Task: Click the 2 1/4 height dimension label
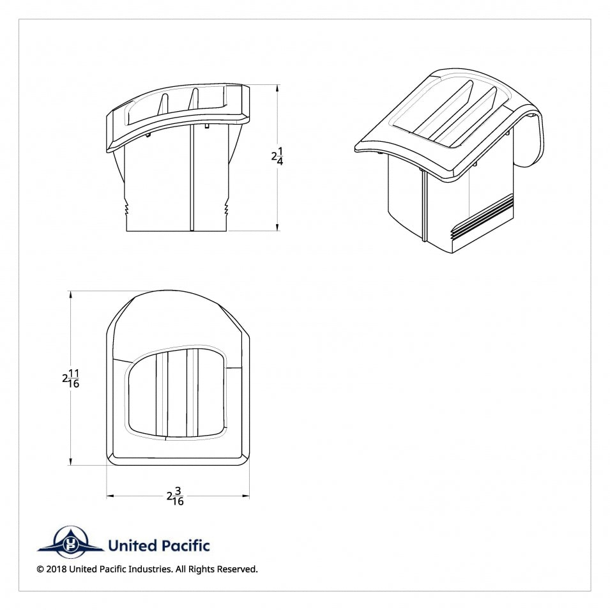[277, 156]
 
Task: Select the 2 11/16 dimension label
[71, 379]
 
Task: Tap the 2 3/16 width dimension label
[175, 496]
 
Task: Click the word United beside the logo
[132, 545]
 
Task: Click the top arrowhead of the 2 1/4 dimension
[277, 88]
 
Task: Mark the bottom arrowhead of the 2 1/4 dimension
[277, 227]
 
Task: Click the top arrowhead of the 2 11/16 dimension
[70, 294]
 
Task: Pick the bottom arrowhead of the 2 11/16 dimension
[70, 461]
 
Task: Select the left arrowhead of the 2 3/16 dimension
[110, 496]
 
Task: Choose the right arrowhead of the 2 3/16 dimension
[246, 496]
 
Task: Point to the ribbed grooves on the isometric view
[482, 218]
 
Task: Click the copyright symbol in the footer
[40, 569]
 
